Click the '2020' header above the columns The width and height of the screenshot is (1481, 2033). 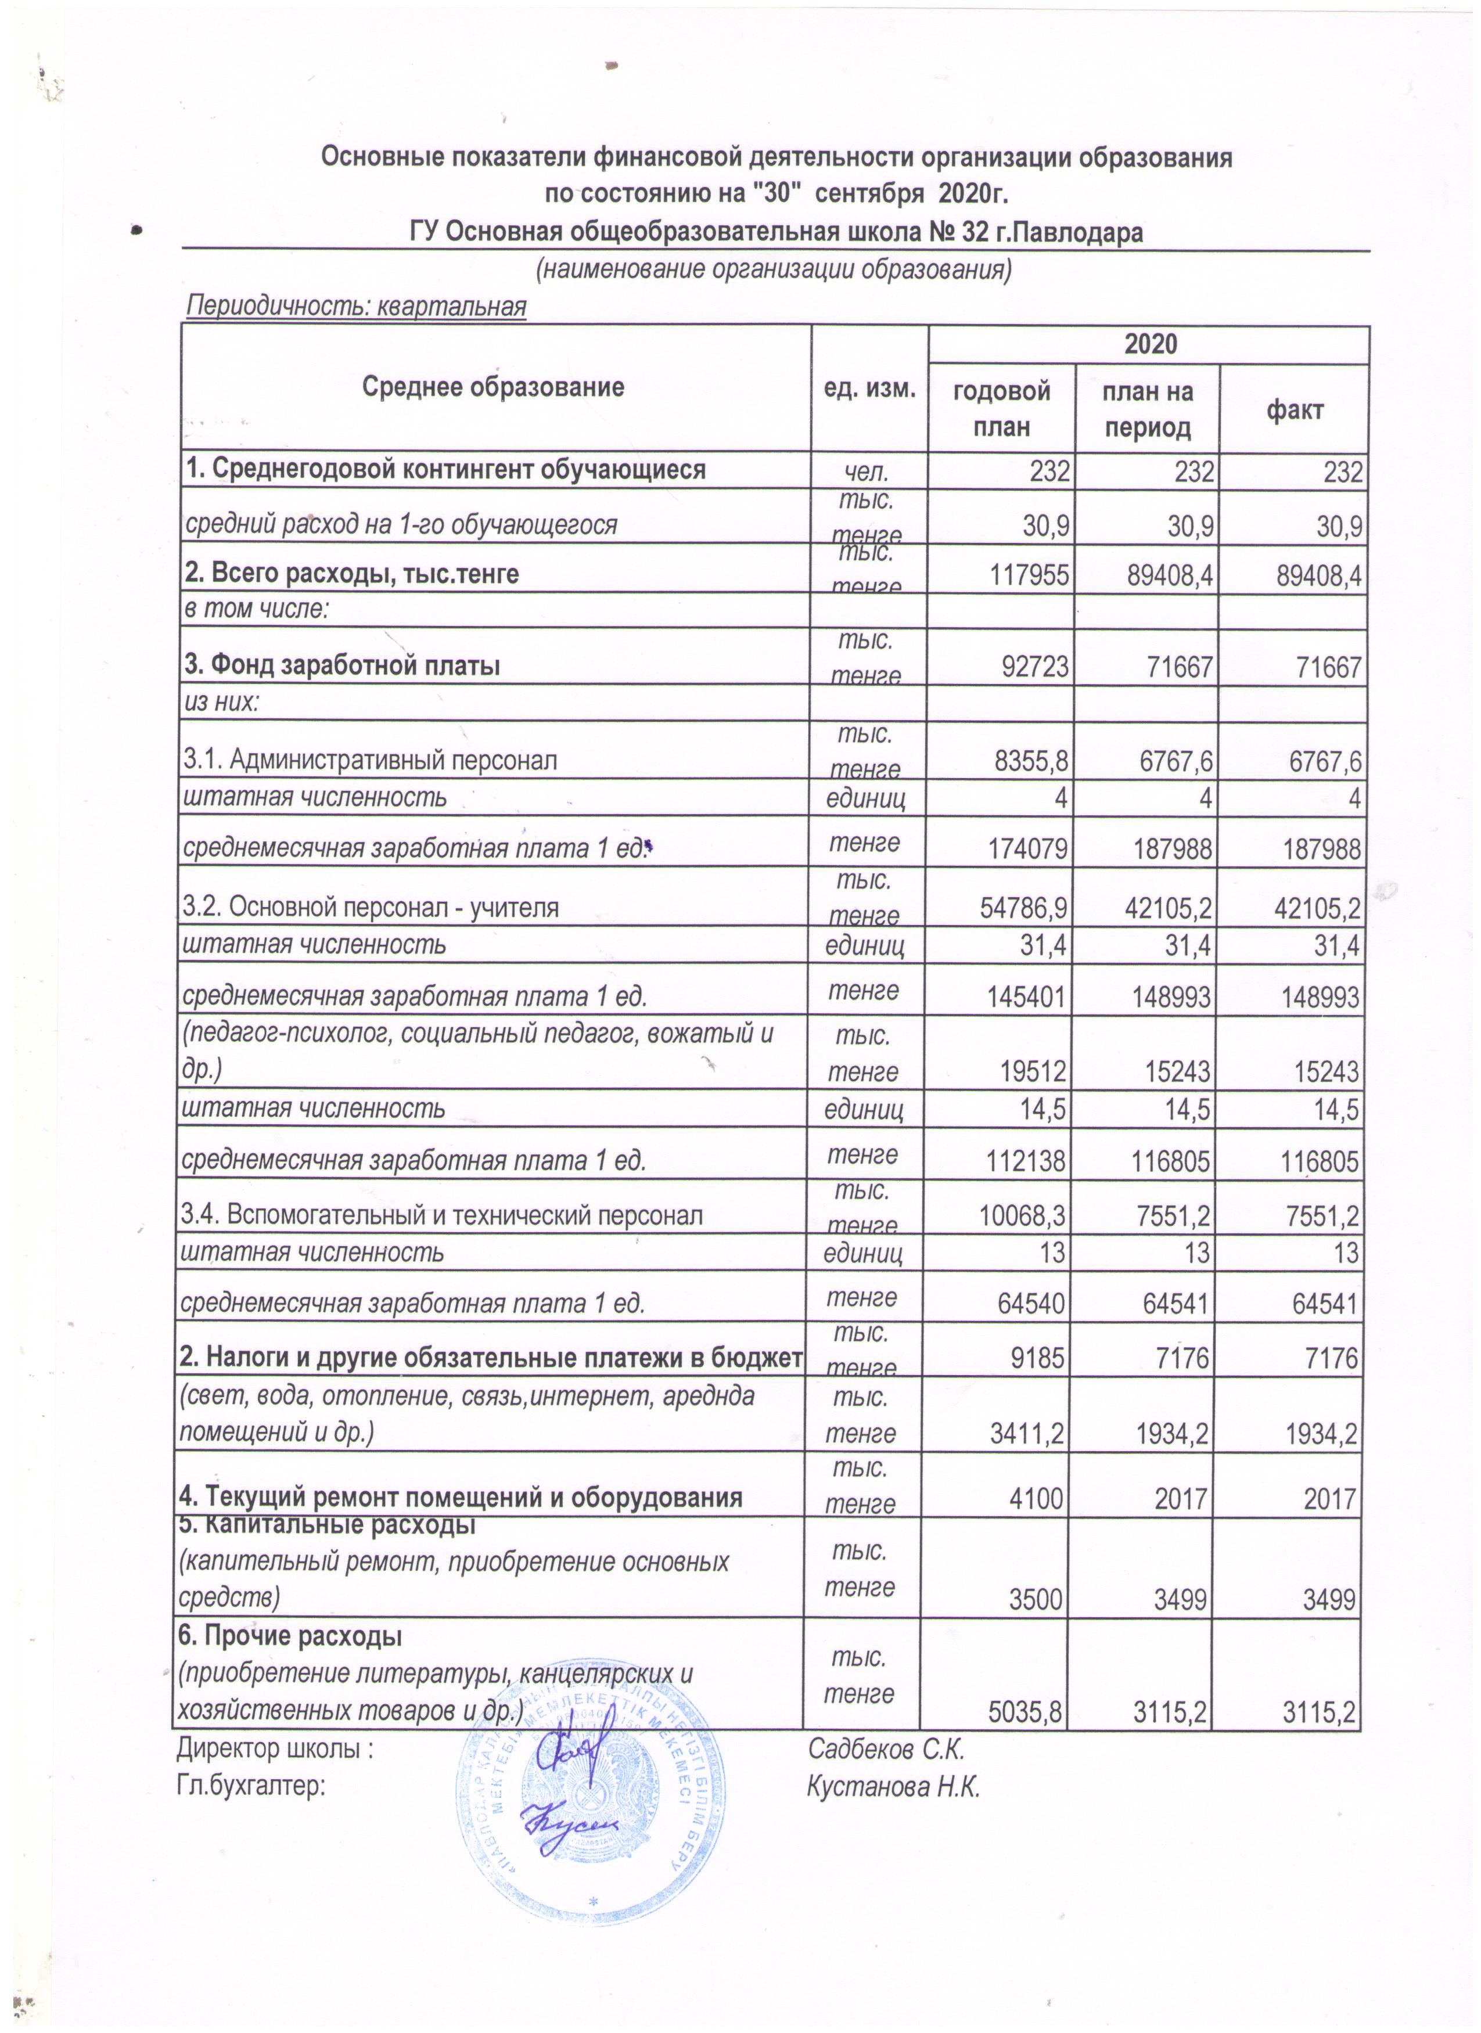coord(1150,344)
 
